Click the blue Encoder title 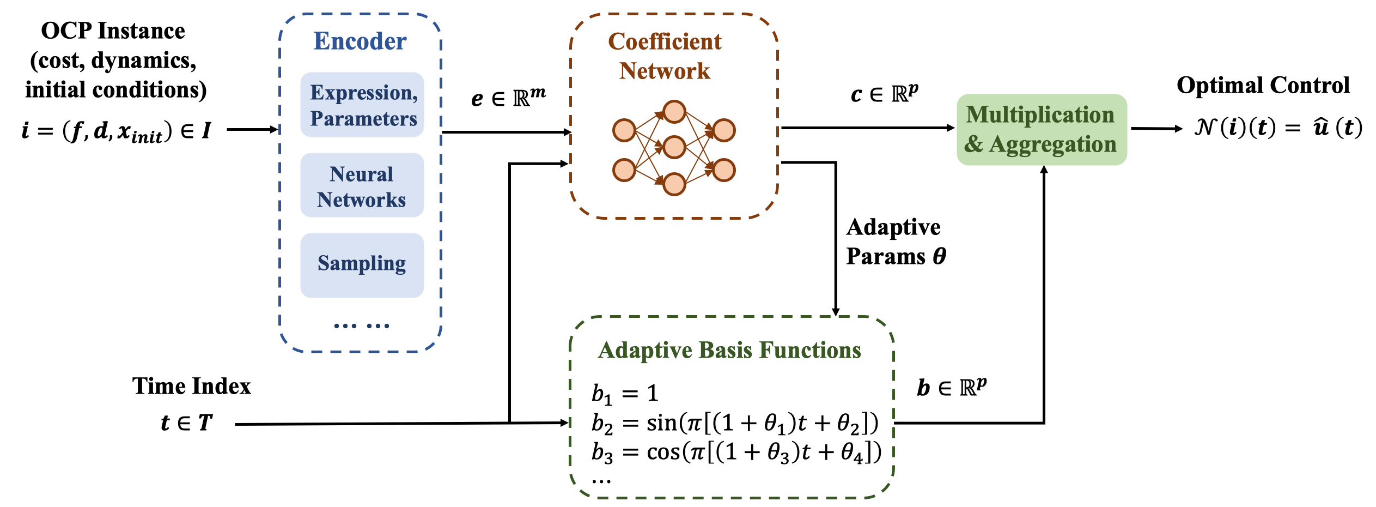point(360,41)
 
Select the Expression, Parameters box point(362,105)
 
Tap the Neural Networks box point(362,185)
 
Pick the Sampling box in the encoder point(362,264)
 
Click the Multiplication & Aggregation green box point(1041,130)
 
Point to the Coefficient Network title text point(665,56)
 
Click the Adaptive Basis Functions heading point(729,350)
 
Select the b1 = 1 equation point(625,394)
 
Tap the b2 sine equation point(735,424)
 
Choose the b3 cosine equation point(736,453)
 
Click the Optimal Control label point(1263,86)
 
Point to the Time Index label point(191,386)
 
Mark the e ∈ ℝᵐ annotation point(508,98)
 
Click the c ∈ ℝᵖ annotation point(884,94)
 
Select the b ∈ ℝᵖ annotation point(951,388)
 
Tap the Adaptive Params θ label point(896,242)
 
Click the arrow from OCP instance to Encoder point(252,130)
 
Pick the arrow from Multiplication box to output point(1156,129)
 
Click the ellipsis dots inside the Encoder point(361,326)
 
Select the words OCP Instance point(113,31)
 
